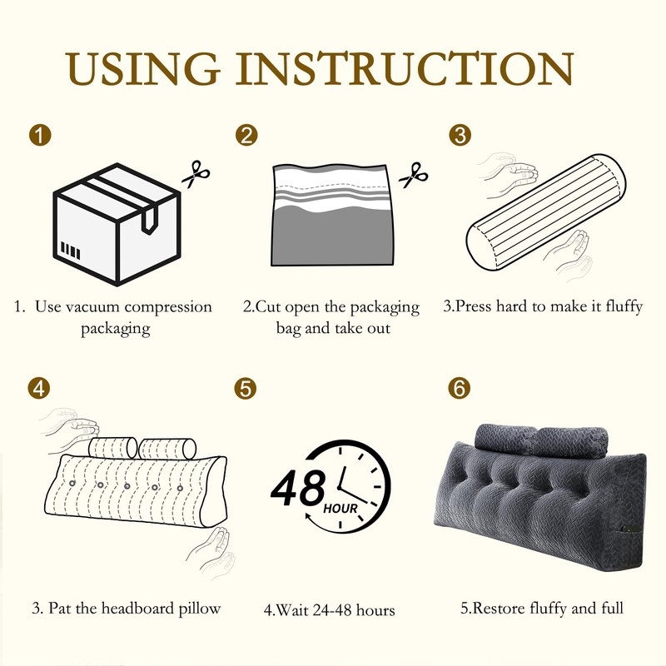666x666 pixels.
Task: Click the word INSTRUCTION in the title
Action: tap(405, 69)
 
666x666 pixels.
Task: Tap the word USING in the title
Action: tap(142, 69)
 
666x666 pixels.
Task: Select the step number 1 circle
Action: tap(40, 136)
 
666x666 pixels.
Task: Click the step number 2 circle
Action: tap(246, 135)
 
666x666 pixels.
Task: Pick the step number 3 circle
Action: tap(460, 135)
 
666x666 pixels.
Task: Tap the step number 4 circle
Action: tap(38, 388)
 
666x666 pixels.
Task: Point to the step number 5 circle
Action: tap(245, 388)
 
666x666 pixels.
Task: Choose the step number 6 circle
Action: tap(460, 388)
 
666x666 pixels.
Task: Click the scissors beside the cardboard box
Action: tap(196, 174)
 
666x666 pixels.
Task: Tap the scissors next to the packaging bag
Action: tap(413, 175)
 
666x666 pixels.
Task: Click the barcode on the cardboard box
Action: tap(71, 251)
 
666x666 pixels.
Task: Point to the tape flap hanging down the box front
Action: tap(149, 220)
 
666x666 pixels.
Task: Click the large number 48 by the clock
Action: tap(298, 487)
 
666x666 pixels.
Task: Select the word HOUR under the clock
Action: tap(340, 509)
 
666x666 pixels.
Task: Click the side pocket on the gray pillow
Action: tap(629, 529)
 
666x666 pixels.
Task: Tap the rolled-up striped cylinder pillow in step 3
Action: tap(546, 212)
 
